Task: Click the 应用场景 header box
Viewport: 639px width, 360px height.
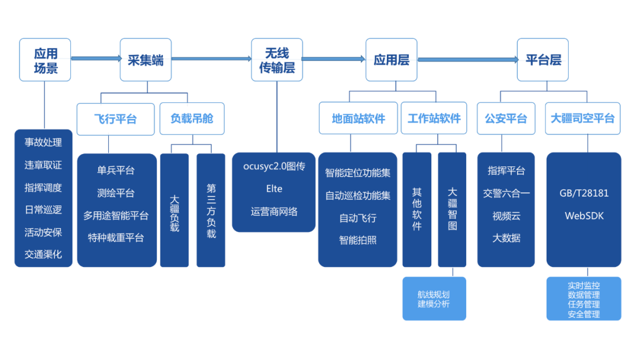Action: point(45,60)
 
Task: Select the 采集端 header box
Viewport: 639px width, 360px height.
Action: point(146,60)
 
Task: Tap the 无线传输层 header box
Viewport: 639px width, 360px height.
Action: point(276,60)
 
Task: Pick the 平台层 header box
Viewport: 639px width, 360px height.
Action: point(543,60)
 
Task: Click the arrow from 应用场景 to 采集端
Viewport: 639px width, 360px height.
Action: point(95,58)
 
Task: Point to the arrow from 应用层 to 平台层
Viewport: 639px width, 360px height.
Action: point(467,59)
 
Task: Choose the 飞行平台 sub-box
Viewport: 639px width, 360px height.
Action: point(115,119)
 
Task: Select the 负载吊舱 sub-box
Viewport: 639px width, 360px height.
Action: point(191,119)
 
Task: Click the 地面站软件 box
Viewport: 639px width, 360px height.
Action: point(358,119)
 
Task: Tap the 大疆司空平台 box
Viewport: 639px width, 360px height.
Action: point(582,119)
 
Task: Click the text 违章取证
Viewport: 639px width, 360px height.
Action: point(43,165)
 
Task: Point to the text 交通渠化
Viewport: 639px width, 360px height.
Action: point(43,255)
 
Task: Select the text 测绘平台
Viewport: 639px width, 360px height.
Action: point(116,193)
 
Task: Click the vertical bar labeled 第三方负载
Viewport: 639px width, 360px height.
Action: point(211,210)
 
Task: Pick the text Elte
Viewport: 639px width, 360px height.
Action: point(274,189)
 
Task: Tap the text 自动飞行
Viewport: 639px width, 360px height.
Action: point(357,218)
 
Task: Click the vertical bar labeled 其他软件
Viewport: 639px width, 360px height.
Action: point(417,210)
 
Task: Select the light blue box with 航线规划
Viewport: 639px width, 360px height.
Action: point(434,299)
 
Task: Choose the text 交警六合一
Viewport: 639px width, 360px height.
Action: point(506,193)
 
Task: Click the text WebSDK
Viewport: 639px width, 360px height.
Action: point(583,216)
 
